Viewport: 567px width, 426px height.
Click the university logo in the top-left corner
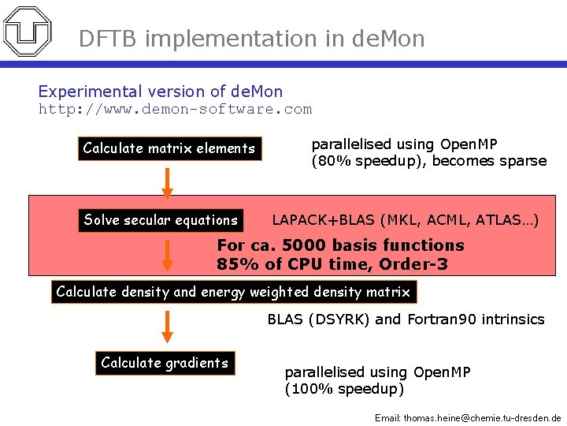(x=28, y=31)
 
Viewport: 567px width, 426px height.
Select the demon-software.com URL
(x=175, y=110)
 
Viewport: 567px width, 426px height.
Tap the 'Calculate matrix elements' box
(x=169, y=148)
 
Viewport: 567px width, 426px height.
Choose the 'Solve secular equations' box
(x=161, y=220)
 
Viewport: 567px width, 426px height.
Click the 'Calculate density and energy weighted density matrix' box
(x=233, y=292)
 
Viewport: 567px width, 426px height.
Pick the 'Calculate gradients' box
(x=165, y=363)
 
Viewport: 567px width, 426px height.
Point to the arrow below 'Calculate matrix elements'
(x=167, y=182)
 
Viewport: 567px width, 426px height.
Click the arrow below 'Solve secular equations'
(x=167, y=255)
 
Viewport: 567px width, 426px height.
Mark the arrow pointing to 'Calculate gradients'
(x=167, y=326)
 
